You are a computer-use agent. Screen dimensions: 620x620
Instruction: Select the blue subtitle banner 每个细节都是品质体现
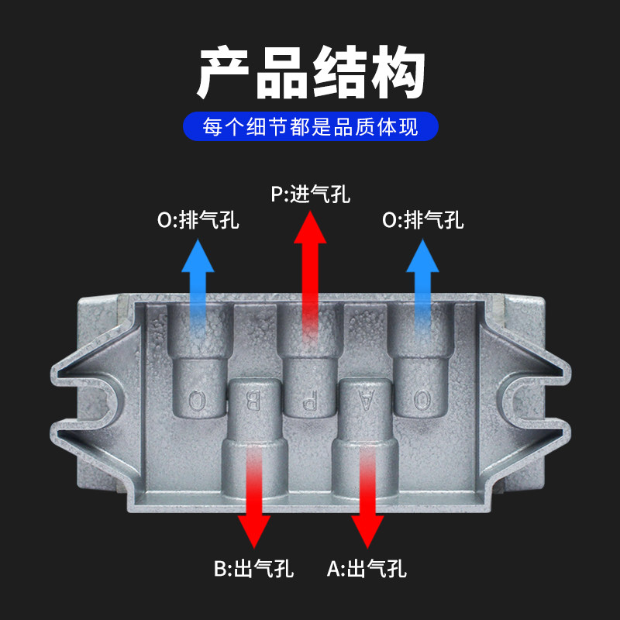click(x=310, y=127)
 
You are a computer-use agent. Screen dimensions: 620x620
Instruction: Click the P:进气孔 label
click(x=310, y=194)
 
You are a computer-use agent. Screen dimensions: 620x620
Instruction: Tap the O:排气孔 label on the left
click(x=198, y=220)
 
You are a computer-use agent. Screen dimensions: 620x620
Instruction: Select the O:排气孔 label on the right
click(x=423, y=220)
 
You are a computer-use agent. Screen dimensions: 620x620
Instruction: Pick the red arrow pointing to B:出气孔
click(x=254, y=504)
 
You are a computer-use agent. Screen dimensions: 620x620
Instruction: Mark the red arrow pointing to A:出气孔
click(x=367, y=504)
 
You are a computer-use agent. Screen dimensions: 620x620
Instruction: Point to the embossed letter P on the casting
click(x=309, y=401)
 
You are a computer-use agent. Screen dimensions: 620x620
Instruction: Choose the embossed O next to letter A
click(x=422, y=401)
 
